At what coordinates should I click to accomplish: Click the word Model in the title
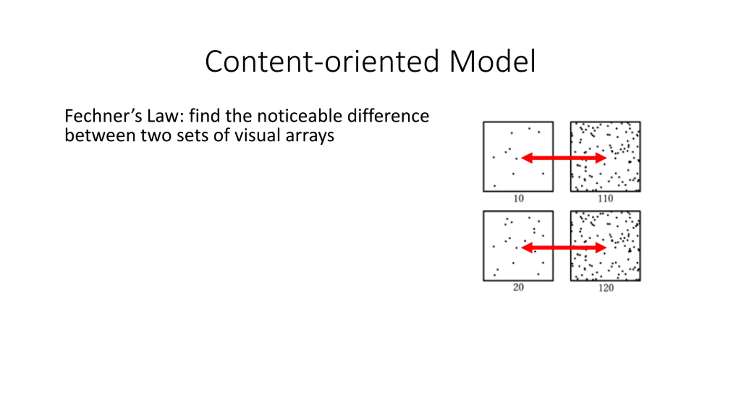492,61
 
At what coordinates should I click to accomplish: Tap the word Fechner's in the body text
103,116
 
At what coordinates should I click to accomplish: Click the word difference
388,116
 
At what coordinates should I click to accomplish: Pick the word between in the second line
100,135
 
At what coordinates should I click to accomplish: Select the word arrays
310,136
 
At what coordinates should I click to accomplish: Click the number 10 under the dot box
518,199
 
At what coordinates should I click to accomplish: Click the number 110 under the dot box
606,199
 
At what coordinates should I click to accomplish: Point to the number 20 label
518,287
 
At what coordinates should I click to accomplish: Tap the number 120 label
606,288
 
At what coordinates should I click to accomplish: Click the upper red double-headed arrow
564,158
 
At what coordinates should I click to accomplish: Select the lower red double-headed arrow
564,248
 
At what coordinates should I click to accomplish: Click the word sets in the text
192,135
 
